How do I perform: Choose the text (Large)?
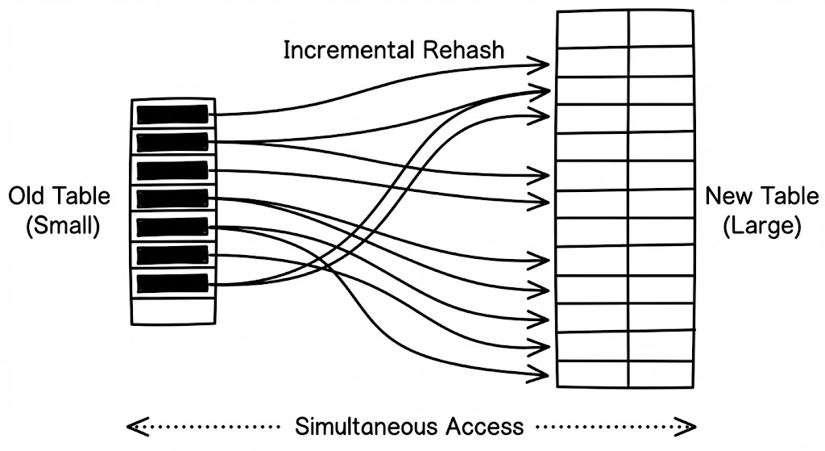click(761, 227)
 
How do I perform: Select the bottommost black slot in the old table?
click(172, 284)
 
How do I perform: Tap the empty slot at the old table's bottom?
click(172, 311)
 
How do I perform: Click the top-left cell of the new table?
click(592, 27)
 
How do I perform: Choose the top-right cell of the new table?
click(661, 27)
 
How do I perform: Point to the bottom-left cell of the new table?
click(592, 374)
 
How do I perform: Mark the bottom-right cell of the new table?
click(661, 374)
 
